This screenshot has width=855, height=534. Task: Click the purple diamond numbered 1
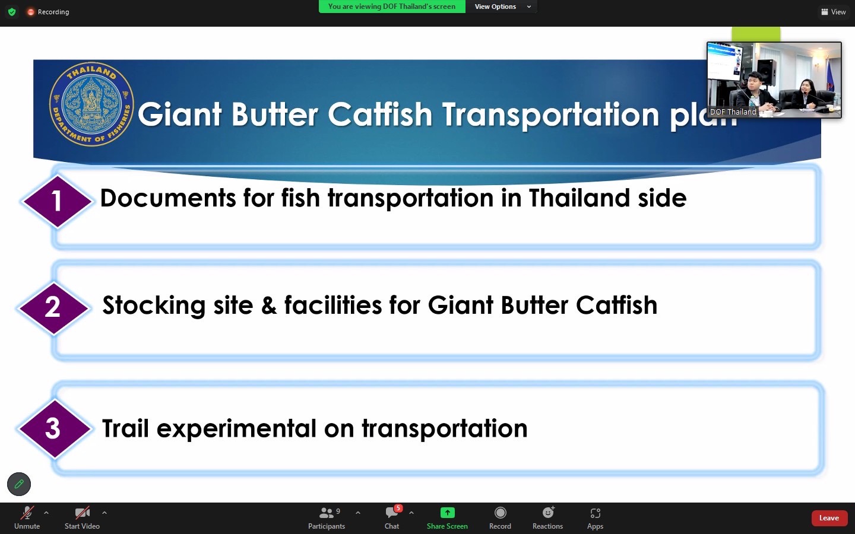[57, 201]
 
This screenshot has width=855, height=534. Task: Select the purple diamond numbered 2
[53, 308]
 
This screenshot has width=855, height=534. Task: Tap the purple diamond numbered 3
[55, 428]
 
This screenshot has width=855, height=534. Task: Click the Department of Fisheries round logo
[91, 104]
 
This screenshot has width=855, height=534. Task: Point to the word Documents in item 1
[168, 198]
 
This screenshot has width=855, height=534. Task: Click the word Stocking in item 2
[154, 306]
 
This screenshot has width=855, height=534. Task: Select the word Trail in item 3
[125, 428]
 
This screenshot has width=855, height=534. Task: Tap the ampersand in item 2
[269, 305]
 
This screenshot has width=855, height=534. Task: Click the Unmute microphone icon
[27, 513]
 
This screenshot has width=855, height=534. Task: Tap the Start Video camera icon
[82, 513]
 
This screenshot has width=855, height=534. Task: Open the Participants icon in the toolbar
[326, 513]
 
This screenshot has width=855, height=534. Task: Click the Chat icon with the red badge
[392, 512]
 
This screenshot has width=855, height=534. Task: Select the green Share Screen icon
[447, 513]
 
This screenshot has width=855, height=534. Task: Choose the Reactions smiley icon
[548, 512]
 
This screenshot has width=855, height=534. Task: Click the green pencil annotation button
[19, 484]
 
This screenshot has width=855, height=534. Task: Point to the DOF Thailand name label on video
[733, 112]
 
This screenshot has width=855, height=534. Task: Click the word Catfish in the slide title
[380, 114]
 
